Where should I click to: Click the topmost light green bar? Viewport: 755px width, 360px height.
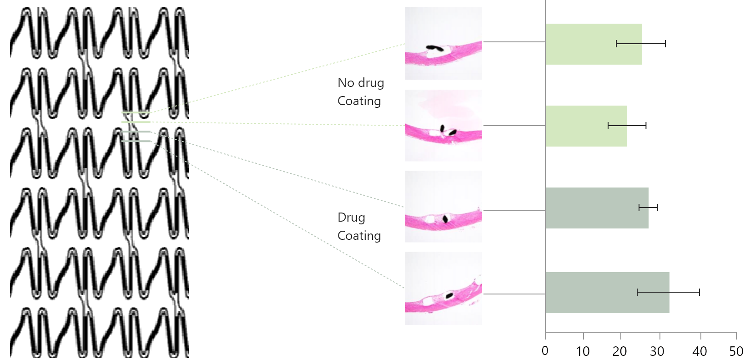click(594, 44)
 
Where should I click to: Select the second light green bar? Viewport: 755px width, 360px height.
click(586, 126)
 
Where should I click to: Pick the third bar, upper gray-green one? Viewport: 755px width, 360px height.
click(597, 208)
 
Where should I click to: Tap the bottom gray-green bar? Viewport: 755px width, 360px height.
click(607, 293)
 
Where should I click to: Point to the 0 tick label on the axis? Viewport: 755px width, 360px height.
click(545, 351)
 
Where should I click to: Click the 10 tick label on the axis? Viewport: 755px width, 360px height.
click(583, 351)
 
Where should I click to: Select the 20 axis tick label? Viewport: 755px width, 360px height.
click(619, 351)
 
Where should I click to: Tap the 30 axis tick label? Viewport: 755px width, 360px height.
click(657, 351)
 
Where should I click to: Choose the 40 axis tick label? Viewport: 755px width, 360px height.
click(700, 351)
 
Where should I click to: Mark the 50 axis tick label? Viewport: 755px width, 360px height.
click(736, 351)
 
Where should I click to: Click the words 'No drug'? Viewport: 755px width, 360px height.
click(361, 83)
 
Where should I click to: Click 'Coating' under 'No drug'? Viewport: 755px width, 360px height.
click(359, 101)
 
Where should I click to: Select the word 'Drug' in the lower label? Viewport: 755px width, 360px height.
click(351, 218)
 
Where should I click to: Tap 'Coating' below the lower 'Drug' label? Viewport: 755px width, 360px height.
click(359, 235)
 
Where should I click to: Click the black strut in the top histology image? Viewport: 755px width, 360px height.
click(435, 48)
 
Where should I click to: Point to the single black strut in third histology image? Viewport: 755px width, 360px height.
click(446, 219)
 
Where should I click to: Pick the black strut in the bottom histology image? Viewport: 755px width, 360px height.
click(449, 296)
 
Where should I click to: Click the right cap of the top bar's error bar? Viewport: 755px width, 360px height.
click(665, 44)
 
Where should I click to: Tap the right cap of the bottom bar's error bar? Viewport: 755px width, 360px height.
click(700, 292)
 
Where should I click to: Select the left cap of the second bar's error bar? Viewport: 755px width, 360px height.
click(608, 126)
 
